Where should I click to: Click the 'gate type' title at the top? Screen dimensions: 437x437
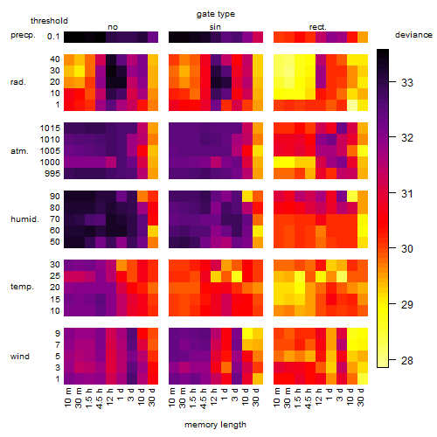tap(216, 14)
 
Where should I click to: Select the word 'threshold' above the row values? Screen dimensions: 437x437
tap(49, 21)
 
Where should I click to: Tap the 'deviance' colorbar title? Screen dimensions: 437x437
tap(413, 35)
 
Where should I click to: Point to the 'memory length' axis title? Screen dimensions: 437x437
tap(216, 425)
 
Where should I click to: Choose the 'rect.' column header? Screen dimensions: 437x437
tap(318, 27)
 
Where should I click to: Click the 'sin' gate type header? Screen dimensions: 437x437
tap(215, 27)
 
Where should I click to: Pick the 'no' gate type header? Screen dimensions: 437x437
tap(113, 27)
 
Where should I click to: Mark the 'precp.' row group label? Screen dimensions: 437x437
tap(23, 35)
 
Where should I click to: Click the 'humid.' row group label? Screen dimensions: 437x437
tap(24, 219)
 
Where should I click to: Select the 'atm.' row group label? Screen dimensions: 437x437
tap(19, 151)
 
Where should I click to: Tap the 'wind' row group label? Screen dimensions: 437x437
tap(20, 357)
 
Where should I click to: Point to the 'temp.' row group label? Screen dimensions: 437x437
tap(22, 287)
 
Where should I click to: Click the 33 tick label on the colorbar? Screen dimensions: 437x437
tap(407, 83)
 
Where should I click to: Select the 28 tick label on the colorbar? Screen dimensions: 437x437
tap(407, 361)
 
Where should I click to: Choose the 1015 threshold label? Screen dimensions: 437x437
tap(50, 128)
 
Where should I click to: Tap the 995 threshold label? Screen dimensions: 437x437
tap(52, 174)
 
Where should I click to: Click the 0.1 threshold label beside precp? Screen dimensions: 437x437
tap(53, 37)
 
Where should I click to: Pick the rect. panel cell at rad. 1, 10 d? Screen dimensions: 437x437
tap(352, 105)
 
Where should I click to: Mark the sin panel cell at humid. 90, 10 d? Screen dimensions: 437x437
tap(247, 197)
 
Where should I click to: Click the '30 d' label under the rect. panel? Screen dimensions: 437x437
tap(361, 397)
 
